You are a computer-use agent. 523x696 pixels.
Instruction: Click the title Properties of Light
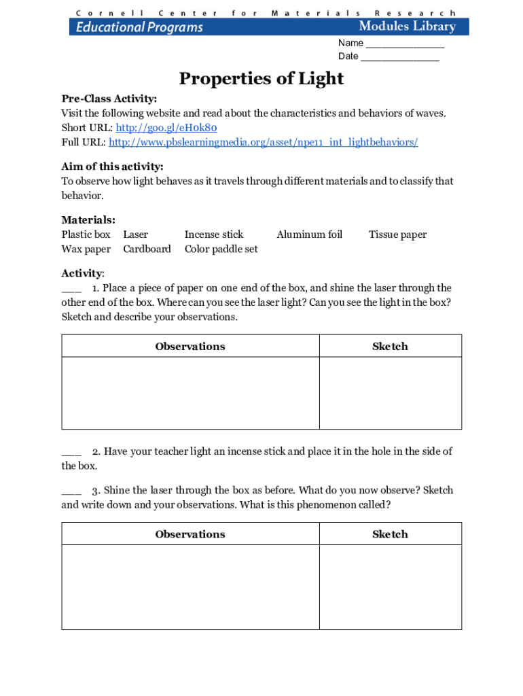(x=261, y=79)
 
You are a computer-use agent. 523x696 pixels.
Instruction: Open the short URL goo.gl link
(x=166, y=128)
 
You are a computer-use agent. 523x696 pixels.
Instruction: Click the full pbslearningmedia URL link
(x=263, y=142)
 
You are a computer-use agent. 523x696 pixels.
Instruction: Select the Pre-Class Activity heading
(x=109, y=99)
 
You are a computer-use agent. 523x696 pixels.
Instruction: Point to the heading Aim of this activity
(x=112, y=167)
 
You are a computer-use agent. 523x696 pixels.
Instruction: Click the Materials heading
(x=88, y=220)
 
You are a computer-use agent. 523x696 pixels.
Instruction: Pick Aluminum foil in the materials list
(x=309, y=234)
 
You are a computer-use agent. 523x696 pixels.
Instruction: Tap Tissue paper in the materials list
(x=397, y=234)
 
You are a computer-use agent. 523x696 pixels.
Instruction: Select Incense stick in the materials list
(x=213, y=234)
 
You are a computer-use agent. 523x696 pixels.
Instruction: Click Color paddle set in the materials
(x=221, y=249)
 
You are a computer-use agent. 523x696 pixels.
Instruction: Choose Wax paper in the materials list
(x=86, y=249)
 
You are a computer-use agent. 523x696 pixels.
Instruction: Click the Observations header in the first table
(x=190, y=346)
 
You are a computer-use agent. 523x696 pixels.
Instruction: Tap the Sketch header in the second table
(x=390, y=534)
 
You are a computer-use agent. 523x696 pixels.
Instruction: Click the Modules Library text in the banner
(x=407, y=27)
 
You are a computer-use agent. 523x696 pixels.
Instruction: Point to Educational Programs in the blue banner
(x=139, y=27)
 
